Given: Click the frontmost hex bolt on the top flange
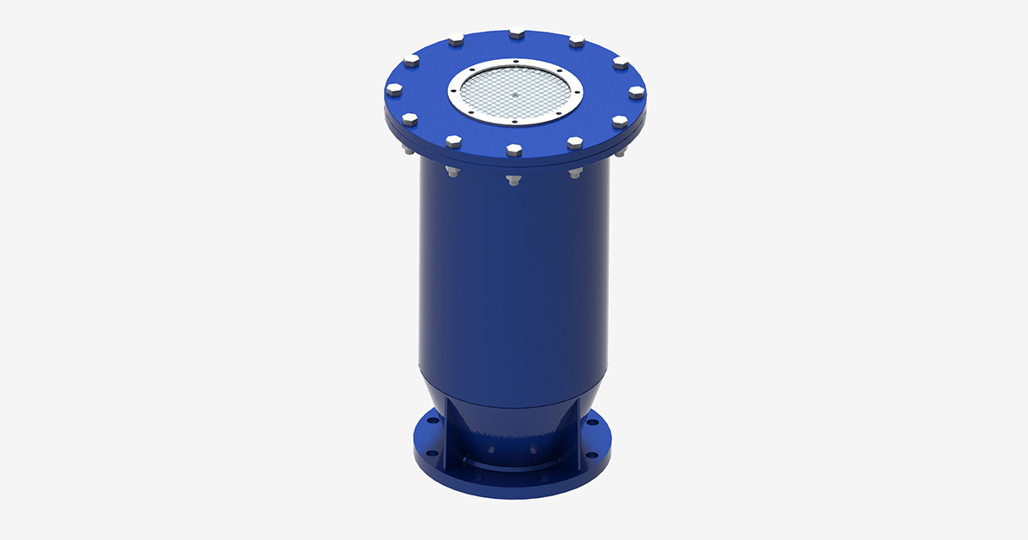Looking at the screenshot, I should tap(513, 151).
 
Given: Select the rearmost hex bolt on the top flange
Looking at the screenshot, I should tap(517, 34).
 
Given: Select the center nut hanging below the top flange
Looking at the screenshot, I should tap(512, 181).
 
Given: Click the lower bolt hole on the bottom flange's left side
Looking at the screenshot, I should tap(432, 452).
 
